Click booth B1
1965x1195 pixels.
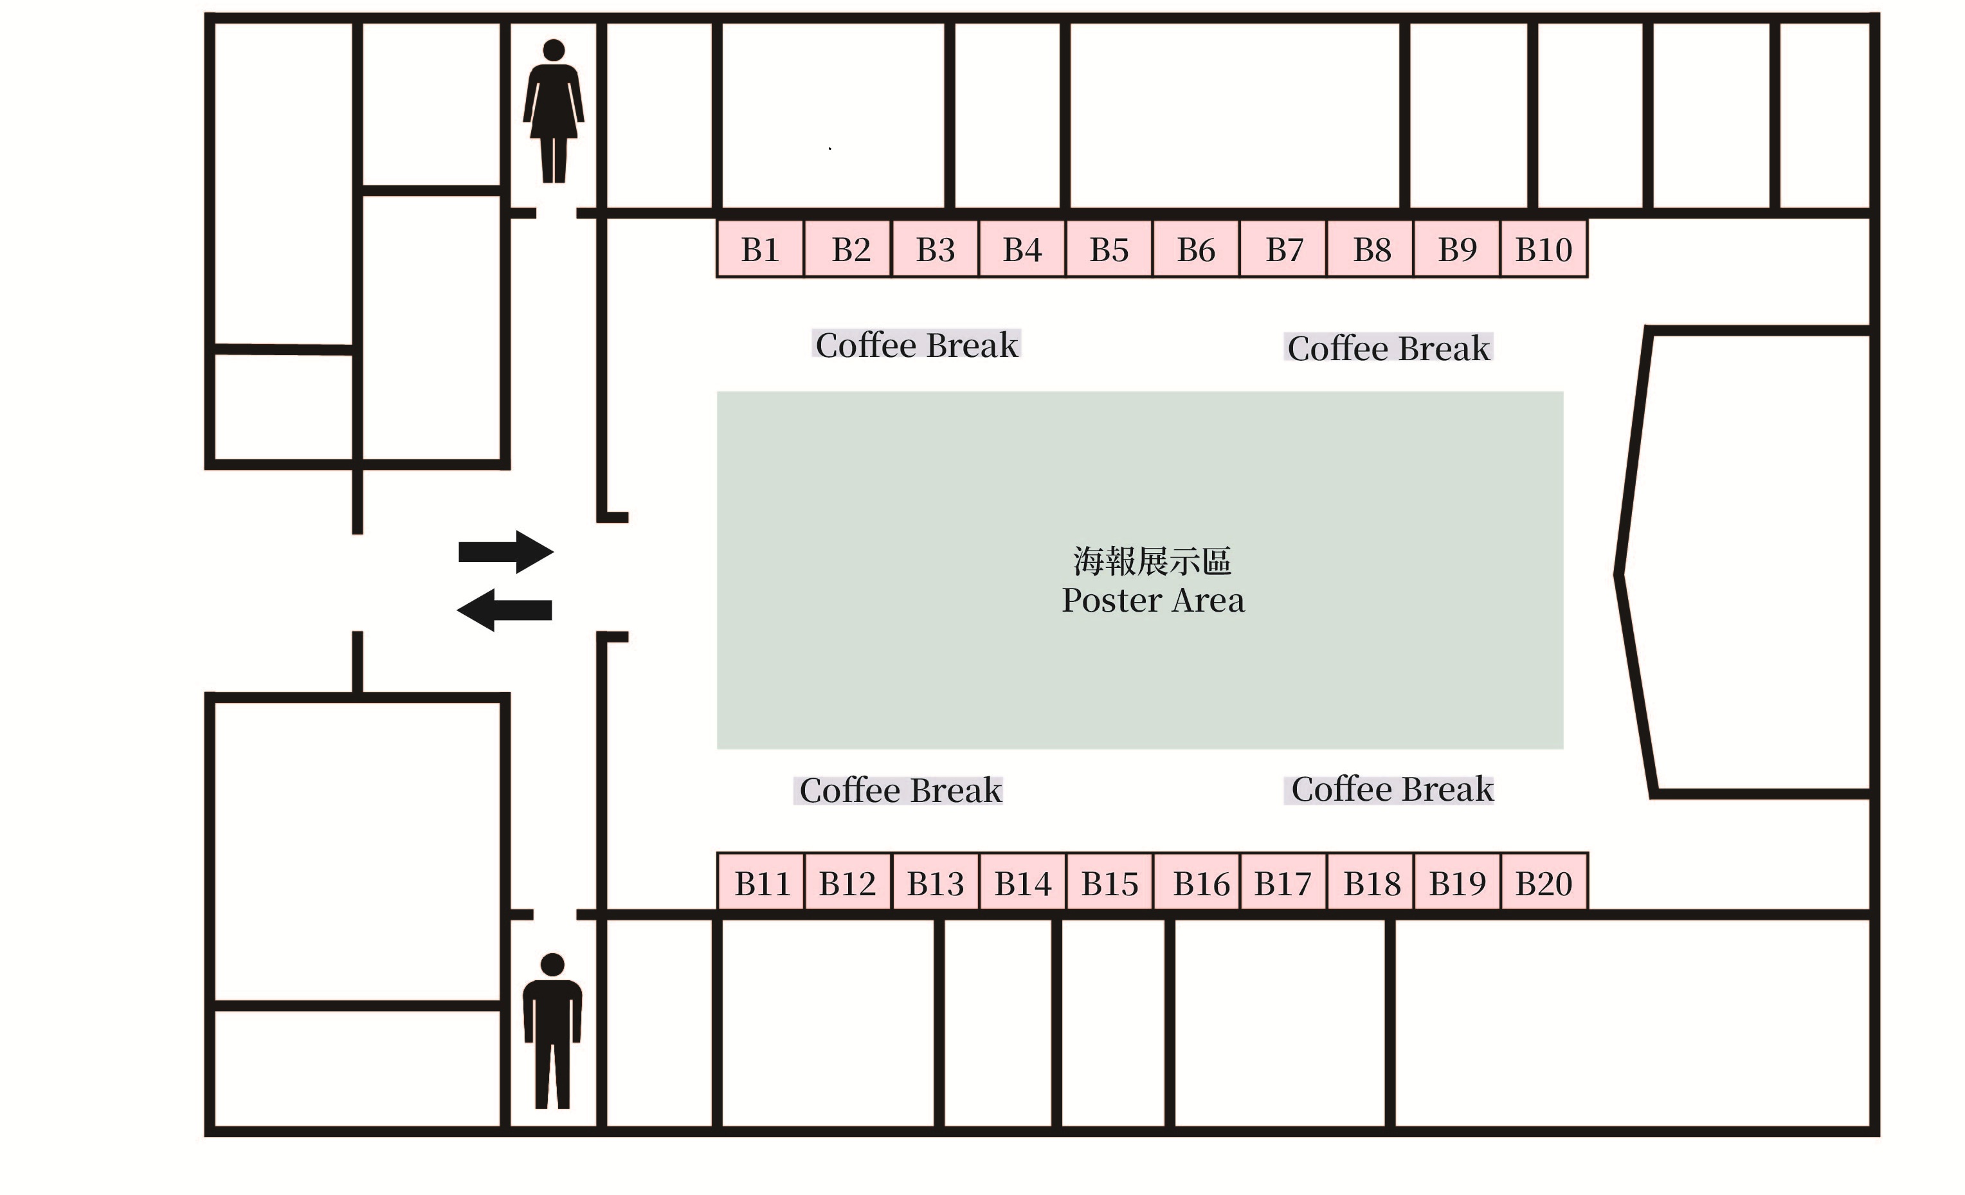click(759, 250)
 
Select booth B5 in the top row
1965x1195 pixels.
click(1109, 250)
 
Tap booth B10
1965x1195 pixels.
click(1544, 250)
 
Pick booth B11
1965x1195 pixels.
click(761, 884)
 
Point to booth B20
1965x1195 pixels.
click(1544, 884)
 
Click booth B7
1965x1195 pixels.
click(1283, 250)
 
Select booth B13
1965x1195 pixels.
click(935, 884)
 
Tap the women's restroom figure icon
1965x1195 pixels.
click(554, 112)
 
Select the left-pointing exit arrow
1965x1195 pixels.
click(504, 610)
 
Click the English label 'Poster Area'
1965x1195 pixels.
click(1152, 601)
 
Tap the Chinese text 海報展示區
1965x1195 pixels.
click(1152, 561)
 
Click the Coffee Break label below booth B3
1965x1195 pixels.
click(916, 345)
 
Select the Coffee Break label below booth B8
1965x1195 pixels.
click(1388, 349)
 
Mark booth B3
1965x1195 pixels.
click(935, 250)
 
